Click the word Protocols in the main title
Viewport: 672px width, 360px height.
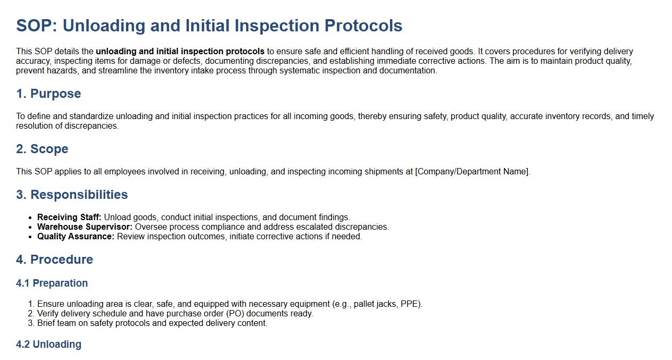point(363,26)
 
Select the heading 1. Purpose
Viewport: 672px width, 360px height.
point(48,94)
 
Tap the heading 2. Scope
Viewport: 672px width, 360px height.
point(43,149)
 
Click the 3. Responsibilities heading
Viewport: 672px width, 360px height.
point(72,195)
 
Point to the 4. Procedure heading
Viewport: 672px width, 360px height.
point(55,259)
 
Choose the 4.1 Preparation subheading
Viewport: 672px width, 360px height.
point(52,283)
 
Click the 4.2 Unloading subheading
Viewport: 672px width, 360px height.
point(48,345)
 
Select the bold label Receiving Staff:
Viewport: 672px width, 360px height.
point(69,217)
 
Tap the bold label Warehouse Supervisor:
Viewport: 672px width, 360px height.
point(85,227)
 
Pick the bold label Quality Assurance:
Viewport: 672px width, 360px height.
point(76,237)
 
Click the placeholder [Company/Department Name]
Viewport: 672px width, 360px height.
point(472,172)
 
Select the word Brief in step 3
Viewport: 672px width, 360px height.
point(46,323)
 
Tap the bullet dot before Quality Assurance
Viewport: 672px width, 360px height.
point(30,237)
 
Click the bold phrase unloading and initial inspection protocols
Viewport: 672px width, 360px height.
point(180,52)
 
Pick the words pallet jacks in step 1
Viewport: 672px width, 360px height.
point(375,304)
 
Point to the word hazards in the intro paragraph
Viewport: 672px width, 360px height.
point(63,71)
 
